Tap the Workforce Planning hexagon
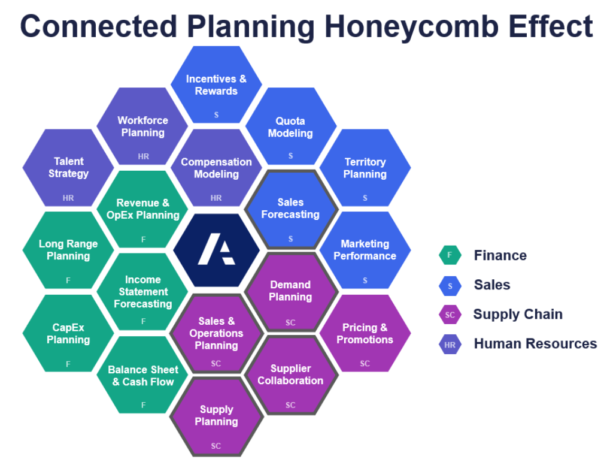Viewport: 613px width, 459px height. coord(142,126)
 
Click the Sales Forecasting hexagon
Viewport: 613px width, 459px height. coord(290,209)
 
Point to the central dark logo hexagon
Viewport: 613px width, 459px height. coord(217,250)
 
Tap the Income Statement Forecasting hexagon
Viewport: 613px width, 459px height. coord(142,292)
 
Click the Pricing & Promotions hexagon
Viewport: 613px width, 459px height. coord(365,334)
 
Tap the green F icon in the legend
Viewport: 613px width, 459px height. coord(450,255)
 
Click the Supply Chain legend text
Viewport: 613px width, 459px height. coord(518,314)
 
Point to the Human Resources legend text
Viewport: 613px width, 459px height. coord(535,343)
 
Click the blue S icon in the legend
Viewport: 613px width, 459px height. coord(450,285)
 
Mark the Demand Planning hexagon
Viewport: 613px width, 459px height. coord(290,292)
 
